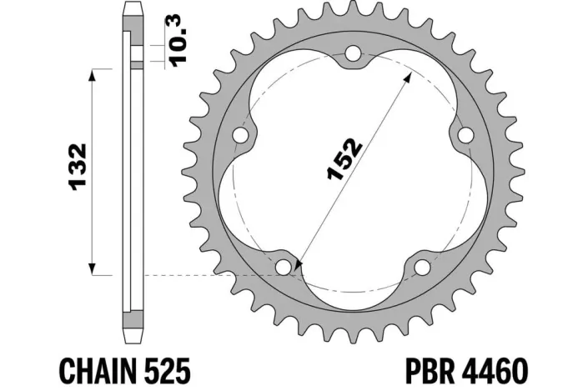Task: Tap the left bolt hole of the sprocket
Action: click(x=243, y=135)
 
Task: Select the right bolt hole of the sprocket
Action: click(x=465, y=135)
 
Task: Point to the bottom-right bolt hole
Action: click(x=423, y=266)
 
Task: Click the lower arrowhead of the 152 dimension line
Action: click(x=299, y=265)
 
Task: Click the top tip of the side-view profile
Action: click(x=130, y=7)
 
